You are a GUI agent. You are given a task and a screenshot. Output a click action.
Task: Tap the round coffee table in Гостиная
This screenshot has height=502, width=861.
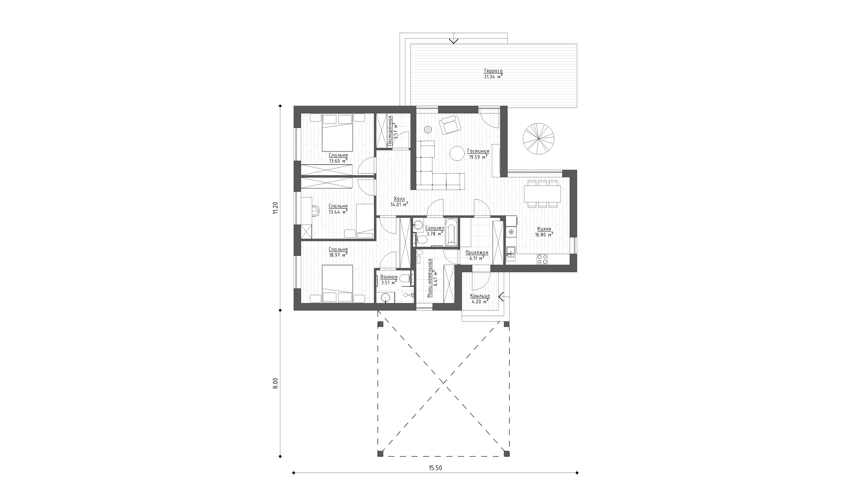pyautogui.click(x=457, y=153)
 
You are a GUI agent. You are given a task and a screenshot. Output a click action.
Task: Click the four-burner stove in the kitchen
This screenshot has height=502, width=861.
pyautogui.click(x=542, y=259)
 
